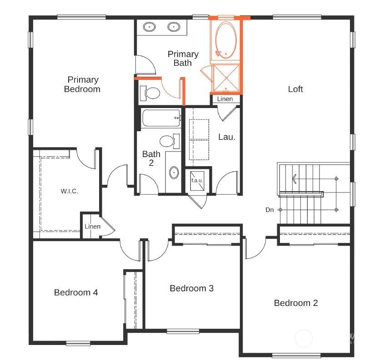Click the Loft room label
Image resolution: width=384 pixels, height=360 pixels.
coord(295,89)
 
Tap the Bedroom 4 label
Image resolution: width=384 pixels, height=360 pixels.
coord(76,292)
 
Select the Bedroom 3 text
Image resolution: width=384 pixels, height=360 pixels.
coord(192,288)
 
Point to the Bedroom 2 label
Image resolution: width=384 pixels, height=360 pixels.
coord(296,303)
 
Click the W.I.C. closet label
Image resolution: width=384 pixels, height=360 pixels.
coord(70,191)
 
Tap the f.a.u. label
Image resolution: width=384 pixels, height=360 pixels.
coord(197,181)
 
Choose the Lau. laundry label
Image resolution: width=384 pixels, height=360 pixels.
coord(227,137)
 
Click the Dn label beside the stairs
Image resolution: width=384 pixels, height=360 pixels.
coord(269,210)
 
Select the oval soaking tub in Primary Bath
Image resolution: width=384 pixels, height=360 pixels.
coord(226,40)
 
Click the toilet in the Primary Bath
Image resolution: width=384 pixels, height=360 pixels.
coord(150,93)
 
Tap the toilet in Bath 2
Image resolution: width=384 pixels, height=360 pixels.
coord(170,141)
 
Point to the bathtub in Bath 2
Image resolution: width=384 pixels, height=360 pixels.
coord(161,118)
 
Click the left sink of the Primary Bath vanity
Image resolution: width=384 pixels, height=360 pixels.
coord(150,26)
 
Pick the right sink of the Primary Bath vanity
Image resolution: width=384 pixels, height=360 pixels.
coord(174,26)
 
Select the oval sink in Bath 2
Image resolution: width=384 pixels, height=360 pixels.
coord(174,173)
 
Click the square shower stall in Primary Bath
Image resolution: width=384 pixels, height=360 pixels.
coord(226,78)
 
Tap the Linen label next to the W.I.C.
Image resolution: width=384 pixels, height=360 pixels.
coord(93,227)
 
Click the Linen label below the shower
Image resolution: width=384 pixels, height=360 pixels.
coord(225,99)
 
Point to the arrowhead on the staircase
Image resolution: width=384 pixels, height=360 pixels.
coord(294,178)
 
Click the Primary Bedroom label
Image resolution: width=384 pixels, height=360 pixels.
coord(83,84)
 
